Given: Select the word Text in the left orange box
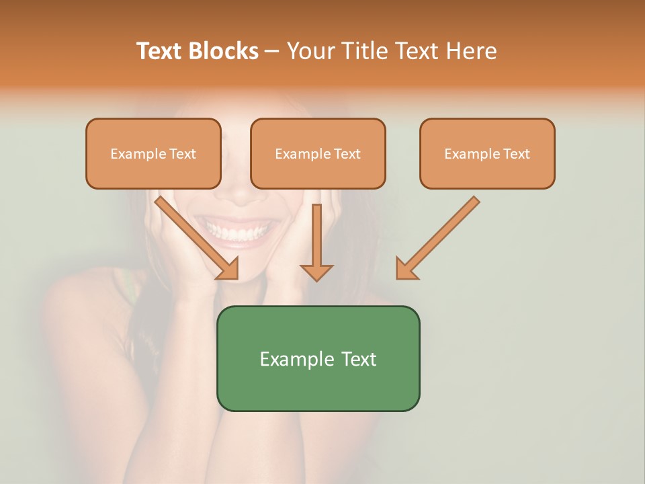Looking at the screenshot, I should click(x=182, y=154).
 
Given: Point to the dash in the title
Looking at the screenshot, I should click(x=272, y=51).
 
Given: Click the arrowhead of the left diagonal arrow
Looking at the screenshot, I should click(x=228, y=269).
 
